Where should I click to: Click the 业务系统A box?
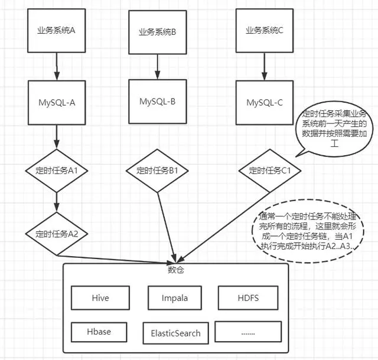click(57, 30)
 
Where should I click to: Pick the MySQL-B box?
click(158, 101)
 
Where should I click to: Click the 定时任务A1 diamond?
click(57, 171)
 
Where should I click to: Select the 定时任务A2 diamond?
click(57, 233)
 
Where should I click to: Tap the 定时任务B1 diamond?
click(158, 171)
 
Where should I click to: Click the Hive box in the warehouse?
click(93, 298)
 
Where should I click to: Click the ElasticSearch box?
click(172, 333)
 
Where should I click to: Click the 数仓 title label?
click(176, 270)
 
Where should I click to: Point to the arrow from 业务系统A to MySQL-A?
click(57, 67)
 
